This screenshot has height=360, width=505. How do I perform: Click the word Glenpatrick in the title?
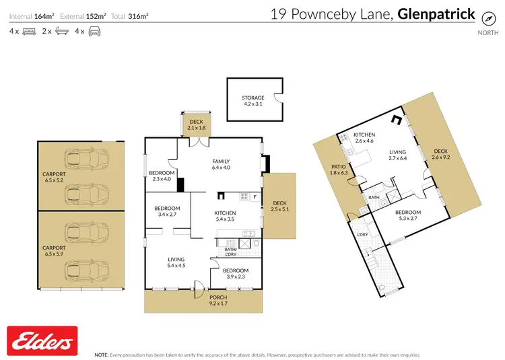click(436, 13)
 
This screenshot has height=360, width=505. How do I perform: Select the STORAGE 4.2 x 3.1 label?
click(253, 101)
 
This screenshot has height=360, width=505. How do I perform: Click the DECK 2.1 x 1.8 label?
click(197, 124)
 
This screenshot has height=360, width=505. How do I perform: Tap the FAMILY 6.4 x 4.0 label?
click(221, 165)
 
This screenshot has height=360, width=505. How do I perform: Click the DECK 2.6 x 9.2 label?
click(440, 154)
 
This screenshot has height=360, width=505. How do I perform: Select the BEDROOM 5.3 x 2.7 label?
click(408, 215)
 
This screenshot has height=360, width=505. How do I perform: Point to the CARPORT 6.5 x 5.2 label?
click(54, 177)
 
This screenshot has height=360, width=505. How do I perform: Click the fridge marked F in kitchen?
click(255, 196)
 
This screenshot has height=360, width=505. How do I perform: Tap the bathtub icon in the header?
click(61, 32)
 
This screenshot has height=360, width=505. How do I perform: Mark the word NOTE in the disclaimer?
click(102, 354)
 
